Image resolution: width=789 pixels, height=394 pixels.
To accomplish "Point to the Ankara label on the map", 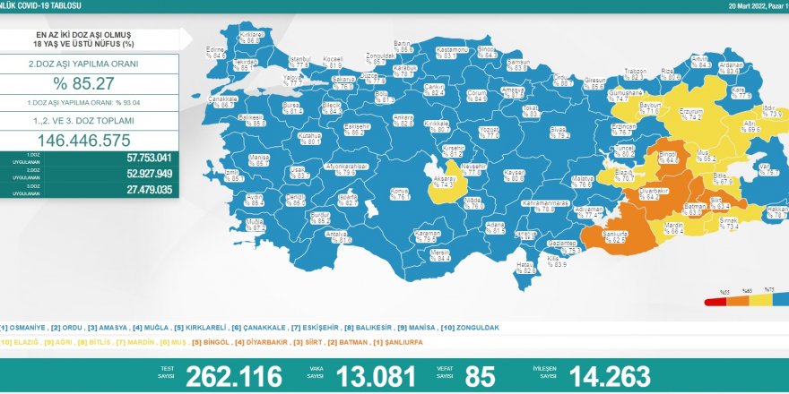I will coord(403,119).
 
